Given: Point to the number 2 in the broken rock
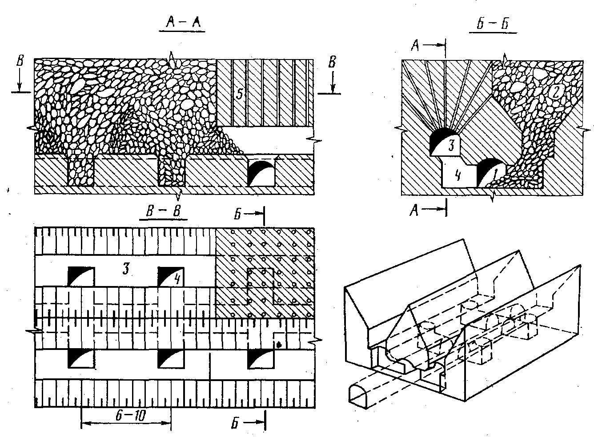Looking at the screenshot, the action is click(x=555, y=92).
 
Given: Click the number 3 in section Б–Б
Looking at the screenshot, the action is click(x=451, y=145).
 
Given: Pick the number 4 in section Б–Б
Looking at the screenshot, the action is click(x=458, y=175).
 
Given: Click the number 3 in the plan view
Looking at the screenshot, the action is click(x=126, y=269).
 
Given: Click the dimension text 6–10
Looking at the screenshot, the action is click(x=131, y=415).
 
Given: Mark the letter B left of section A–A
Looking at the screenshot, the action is click(x=20, y=60).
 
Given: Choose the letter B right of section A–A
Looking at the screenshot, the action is click(x=332, y=62).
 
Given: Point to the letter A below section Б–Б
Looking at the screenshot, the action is click(x=414, y=211).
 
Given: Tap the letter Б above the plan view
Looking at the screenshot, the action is click(x=237, y=214).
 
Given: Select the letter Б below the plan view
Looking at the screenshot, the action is click(x=235, y=423).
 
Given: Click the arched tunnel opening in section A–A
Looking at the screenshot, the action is click(x=261, y=173).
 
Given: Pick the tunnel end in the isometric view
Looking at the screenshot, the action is click(x=358, y=396).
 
